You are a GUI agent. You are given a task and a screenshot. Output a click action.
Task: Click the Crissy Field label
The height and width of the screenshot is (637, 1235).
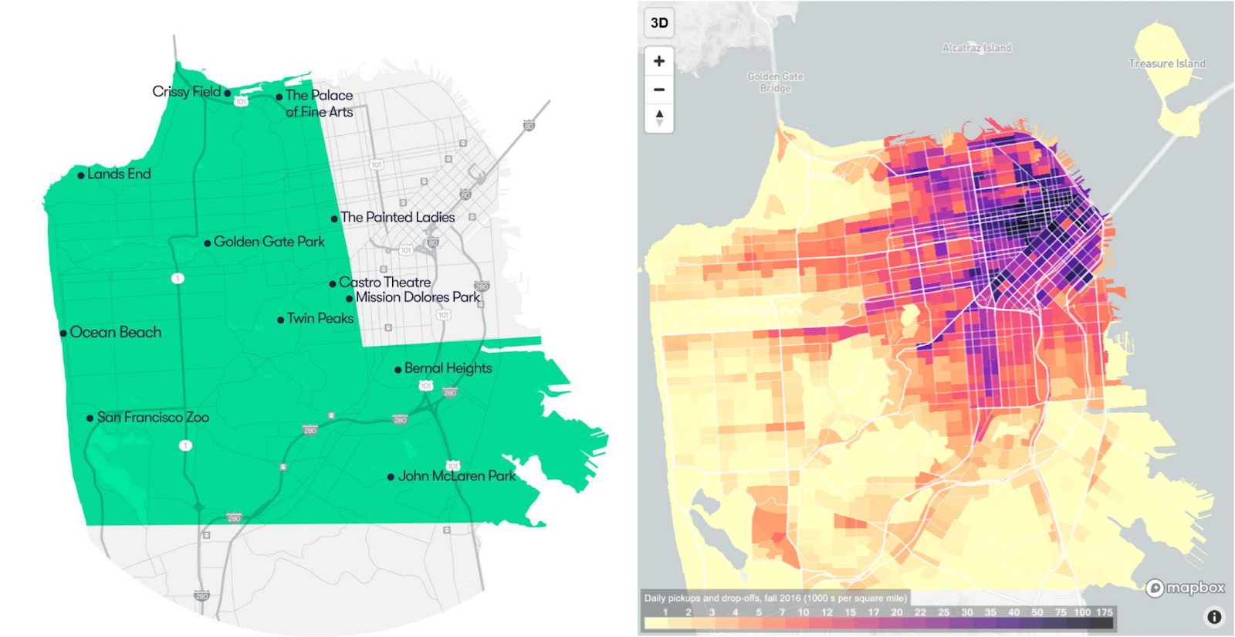(x=186, y=92)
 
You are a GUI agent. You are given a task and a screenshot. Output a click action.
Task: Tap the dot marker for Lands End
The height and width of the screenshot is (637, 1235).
(x=81, y=175)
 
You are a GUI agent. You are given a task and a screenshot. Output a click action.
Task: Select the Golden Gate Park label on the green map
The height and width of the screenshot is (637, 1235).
(x=269, y=242)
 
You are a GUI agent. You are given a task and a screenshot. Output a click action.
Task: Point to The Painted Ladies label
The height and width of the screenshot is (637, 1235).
(x=398, y=218)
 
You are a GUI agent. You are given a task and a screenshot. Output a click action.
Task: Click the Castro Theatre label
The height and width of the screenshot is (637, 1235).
(x=384, y=283)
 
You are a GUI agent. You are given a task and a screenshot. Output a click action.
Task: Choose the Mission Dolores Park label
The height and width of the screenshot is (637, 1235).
(x=418, y=297)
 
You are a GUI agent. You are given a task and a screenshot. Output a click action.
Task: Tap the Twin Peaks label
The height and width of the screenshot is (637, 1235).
(x=320, y=318)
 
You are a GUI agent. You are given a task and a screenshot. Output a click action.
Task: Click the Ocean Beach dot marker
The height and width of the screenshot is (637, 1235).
(x=63, y=334)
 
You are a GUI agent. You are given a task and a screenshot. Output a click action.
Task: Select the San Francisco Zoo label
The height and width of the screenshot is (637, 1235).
(x=153, y=418)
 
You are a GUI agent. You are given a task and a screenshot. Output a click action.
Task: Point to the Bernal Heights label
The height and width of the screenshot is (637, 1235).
(x=448, y=368)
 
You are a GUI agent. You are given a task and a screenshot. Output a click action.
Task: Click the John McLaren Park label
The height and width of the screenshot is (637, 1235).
(x=456, y=476)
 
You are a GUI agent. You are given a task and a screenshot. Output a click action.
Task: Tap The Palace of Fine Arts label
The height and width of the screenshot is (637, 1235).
(x=319, y=103)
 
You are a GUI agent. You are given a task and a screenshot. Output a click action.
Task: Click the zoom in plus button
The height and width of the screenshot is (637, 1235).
(x=659, y=61)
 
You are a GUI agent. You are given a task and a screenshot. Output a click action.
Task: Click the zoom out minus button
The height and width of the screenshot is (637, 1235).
(x=659, y=90)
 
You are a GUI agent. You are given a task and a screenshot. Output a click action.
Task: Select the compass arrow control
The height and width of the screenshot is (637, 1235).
(x=659, y=118)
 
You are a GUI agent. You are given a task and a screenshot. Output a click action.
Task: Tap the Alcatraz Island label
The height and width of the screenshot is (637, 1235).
(x=976, y=48)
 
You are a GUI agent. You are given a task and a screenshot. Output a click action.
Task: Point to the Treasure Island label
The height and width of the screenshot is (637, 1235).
(x=1166, y=64)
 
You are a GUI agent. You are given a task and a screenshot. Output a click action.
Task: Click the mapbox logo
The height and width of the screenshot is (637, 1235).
(x=1186, y=588)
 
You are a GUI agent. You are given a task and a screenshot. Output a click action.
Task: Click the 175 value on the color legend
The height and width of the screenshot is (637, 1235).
(x=1104, y=612)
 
